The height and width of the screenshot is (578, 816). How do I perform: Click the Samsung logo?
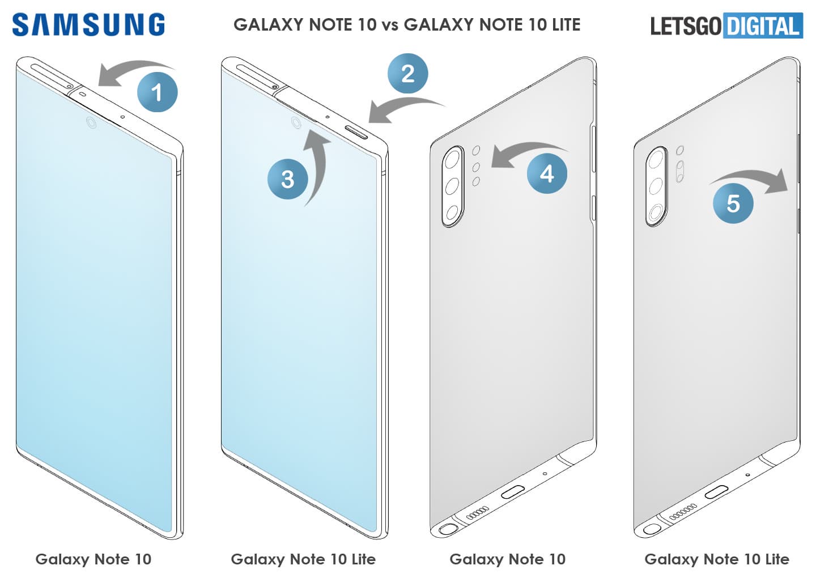coord(88,25)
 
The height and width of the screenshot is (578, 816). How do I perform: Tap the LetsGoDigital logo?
coord(726,25)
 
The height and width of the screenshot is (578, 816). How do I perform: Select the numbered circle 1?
coord(158,92)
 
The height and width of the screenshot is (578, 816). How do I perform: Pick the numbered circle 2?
coord(407,73)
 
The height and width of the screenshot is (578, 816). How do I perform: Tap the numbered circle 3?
coord(288,179)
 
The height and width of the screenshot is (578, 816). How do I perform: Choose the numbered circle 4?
coord(547,173)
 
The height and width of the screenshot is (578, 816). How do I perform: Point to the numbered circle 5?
coord(733,203)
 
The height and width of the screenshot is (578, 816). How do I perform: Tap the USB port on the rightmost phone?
coord(716,491)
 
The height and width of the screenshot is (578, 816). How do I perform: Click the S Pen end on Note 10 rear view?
coord(448,529)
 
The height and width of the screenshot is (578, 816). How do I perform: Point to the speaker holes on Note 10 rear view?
coord(478,512)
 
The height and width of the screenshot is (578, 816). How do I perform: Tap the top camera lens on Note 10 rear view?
coord(452,159)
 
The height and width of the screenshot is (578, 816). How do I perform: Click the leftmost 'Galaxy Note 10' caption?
coord(93,559)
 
